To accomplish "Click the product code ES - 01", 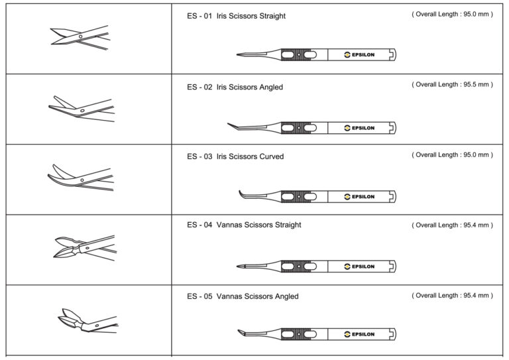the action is pos(199,16).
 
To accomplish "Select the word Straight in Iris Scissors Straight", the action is pos(272,16).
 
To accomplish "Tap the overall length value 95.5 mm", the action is pos(476,84).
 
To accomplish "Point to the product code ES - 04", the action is pos(199,225).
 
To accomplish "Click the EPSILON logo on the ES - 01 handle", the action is pos(359,55).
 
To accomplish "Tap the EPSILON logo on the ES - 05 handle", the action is pos(359,334).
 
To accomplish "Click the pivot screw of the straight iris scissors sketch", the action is pos(80,36).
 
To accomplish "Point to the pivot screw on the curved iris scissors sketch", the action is pos(82,180).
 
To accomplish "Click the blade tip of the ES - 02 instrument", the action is pos(228,123).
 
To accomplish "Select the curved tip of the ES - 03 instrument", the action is pos(240,192).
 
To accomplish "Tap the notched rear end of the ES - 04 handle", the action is pos(393,267).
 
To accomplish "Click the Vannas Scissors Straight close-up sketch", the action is pos(84,247).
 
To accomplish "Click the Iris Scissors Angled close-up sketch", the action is pos(82,109).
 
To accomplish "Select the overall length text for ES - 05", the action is pos(452,296).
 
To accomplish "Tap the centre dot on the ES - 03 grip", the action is pos(299,196).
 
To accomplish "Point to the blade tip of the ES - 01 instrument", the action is pos(237,54).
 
